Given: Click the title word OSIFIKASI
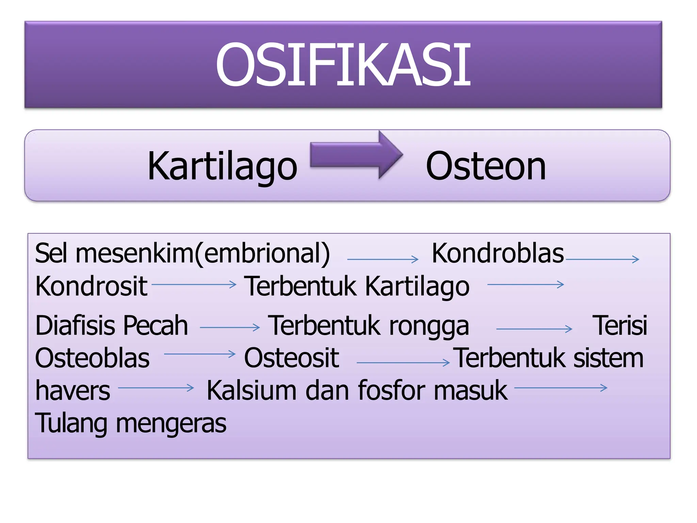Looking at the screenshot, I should [x=343, y=65].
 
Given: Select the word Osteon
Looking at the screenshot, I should [x=486, y=166].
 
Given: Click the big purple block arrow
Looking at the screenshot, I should [x=356, y=155].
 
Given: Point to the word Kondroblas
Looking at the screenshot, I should [x=498, y=253].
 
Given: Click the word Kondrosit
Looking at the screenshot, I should [x=91, y=286].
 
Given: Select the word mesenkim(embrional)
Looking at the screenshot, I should [x=203, y=254].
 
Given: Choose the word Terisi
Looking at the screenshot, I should [x=620, y=326].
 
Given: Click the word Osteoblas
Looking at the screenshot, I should [x=92, y=358].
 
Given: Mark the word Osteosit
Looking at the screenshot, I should [x=292, y=358].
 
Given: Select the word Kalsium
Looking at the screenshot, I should [x=252, y=390].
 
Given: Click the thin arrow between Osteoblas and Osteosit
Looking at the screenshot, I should [x=199, y=354].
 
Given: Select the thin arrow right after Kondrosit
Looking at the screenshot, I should [x=194, y=284].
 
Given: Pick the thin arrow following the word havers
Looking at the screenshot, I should [x=156, y=387].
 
